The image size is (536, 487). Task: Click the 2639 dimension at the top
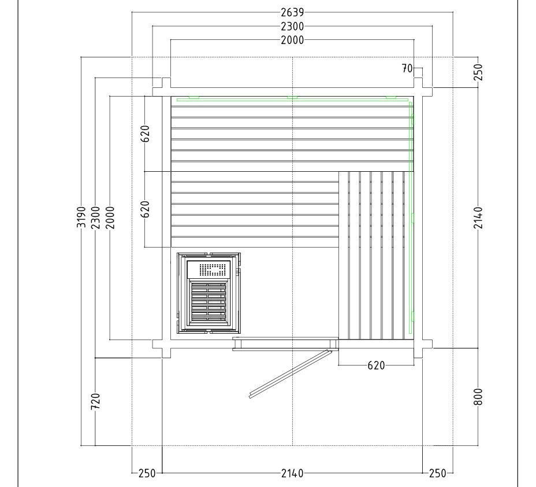[x=292, y=12]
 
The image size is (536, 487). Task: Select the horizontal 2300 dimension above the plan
[x=292, y=26]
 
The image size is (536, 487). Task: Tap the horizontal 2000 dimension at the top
[x=292, y=40]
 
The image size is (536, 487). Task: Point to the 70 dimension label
[x=407, y=68]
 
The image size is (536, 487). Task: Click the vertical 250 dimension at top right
[x=479, y=72]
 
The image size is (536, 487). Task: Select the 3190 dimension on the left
[x=81, y=217]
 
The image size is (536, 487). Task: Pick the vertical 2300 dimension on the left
[x=95, y=217]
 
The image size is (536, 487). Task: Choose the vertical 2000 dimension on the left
[x=110, y=217]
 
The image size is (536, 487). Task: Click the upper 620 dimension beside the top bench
[x=146, y=134]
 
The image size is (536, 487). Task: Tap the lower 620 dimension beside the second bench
[x=146, y=209]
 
